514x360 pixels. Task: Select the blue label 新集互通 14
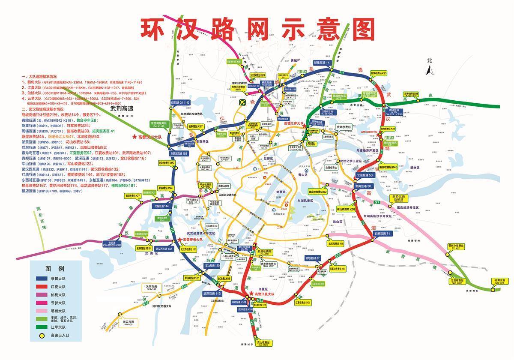tap(323, 63)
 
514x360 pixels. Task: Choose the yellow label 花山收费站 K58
tap(346, 210)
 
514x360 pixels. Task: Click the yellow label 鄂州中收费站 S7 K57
tap(456, 247)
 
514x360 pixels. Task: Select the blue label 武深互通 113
tap(212, 294)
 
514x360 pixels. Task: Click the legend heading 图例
tap(55, 269)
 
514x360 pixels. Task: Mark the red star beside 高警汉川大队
tap(134, 137)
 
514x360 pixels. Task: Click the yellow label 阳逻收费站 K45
tap(388, 167)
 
